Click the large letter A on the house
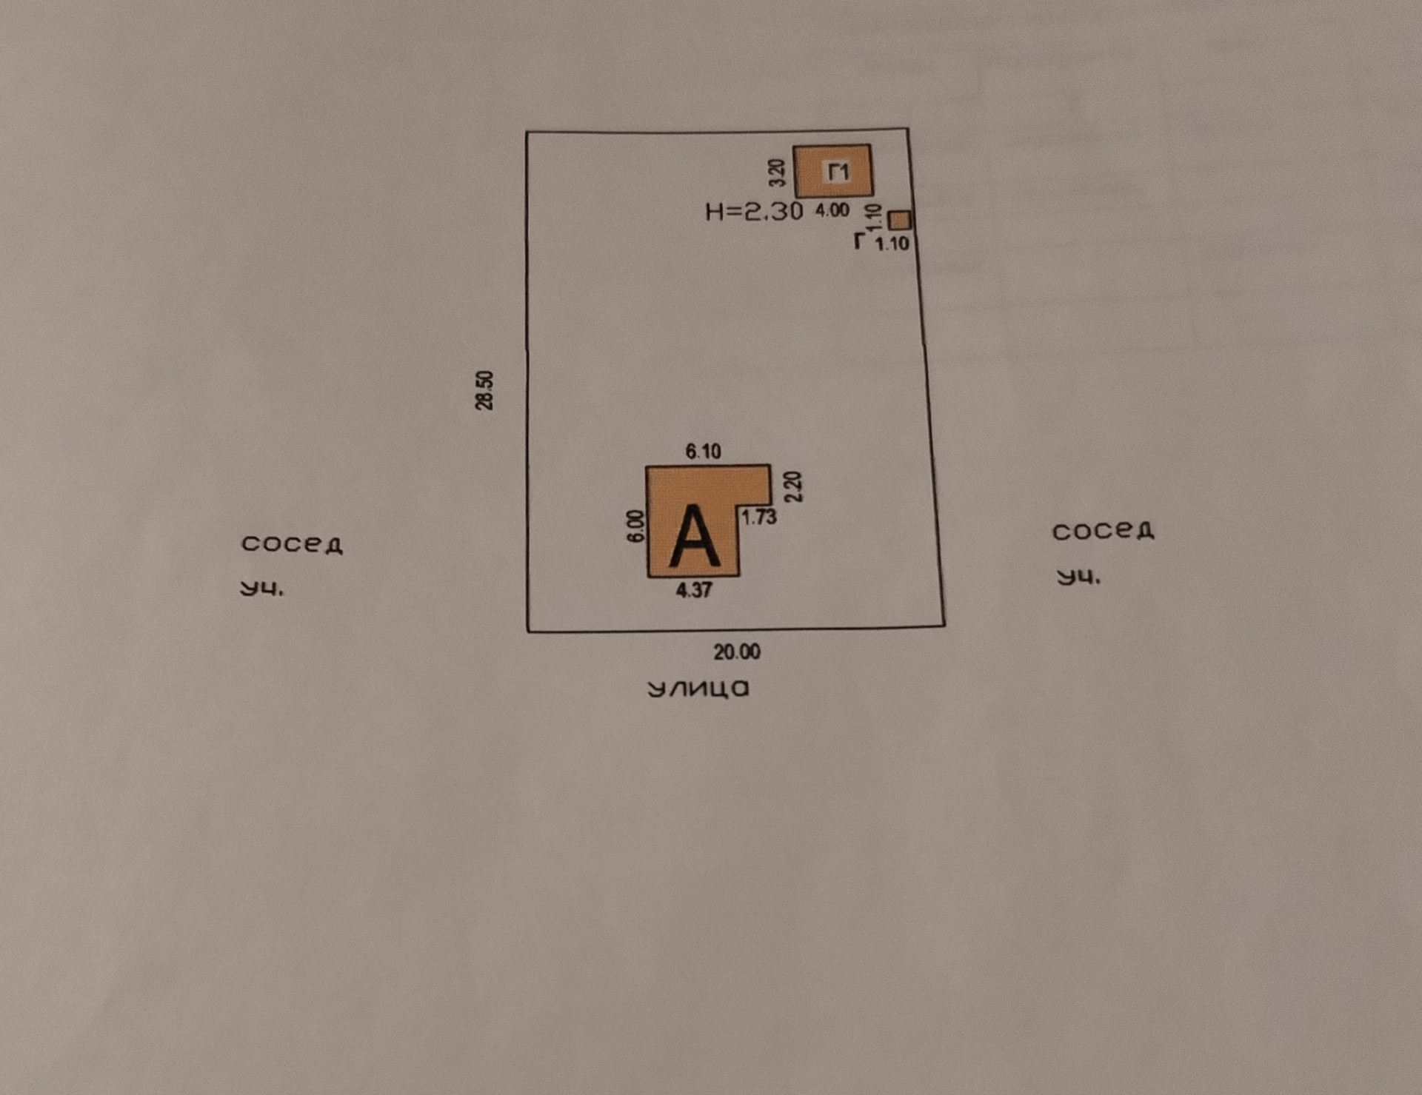(693, 536)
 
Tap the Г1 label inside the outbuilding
(838, 173)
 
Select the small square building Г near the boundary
(899, 220)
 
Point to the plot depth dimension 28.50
(484, 390)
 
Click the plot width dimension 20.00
(736, 652)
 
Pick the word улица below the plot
(698, 689)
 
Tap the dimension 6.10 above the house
(702, 451)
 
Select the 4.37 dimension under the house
(693, 590)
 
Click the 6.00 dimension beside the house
(635, 526)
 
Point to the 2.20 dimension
(793, 486)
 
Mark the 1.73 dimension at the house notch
(759, 517)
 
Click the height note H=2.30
(754, 212)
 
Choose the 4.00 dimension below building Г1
(832, 210)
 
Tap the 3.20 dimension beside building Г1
(776, 173)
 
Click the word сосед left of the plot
(292, 544)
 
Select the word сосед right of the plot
(1103, 531)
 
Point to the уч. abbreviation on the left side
(262, 589)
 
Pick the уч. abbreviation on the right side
(1078, 577)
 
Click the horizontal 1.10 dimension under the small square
(892, 244)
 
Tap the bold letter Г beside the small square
(859, 241)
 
